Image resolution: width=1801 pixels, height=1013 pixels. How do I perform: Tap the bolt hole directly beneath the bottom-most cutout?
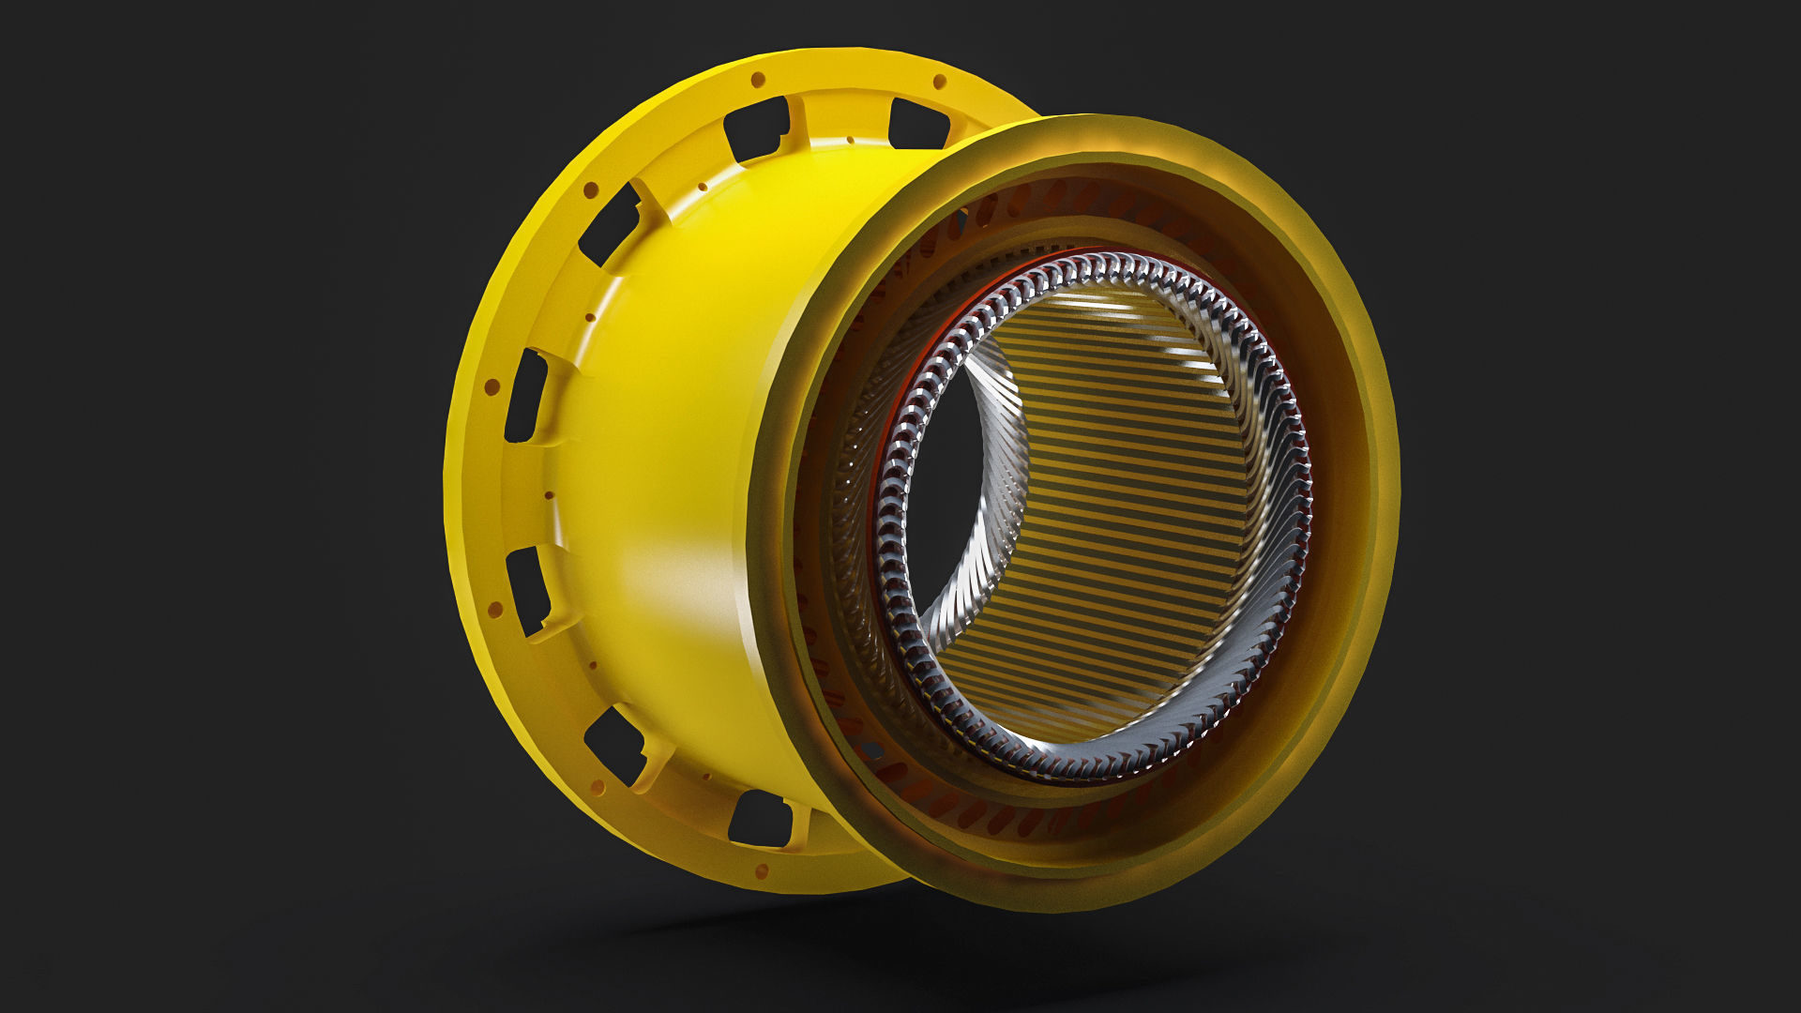(761, 869)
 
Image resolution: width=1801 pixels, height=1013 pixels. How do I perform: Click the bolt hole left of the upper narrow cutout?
(491, 386)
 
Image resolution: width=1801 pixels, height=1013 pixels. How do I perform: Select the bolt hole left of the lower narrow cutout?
(494, 610)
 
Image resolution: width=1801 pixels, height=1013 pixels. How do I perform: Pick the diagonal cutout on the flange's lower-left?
(614, 743)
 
